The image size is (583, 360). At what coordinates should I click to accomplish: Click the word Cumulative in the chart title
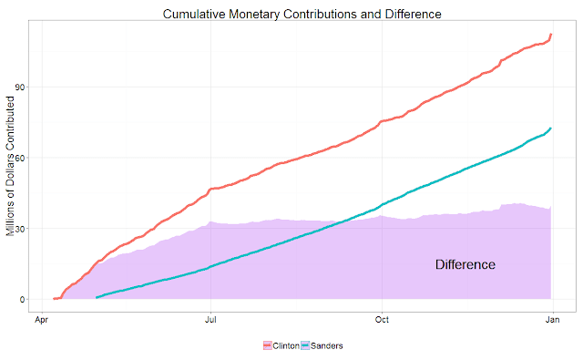coord(194,15)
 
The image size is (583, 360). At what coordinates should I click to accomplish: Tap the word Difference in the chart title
coord(413,15)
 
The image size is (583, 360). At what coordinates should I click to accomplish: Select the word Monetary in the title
coord(254,15)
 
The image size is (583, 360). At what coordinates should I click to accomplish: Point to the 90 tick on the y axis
coord(20,87)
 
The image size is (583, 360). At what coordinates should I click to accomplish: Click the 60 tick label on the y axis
coord(20,158)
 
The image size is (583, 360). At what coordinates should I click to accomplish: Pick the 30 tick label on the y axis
coord(20,229)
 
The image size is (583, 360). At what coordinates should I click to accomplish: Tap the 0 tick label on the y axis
coord(22,299)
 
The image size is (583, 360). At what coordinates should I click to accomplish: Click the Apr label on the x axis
coord(42,320)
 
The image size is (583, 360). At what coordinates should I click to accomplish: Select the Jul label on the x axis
coord(210,320)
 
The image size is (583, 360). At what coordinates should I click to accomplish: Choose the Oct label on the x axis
coord(382,320)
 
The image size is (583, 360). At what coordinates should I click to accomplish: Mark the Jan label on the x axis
coord(553,320)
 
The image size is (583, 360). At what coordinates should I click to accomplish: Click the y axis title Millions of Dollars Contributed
coord(10,166)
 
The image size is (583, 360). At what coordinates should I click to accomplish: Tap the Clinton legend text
coord(286,345)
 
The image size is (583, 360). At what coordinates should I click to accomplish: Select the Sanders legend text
coord(327,345)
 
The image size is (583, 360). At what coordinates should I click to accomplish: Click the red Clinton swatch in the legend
coord(268,345)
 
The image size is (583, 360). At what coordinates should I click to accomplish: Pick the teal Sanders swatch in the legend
coord(305,345)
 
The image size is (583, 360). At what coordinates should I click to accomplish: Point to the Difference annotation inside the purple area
coord(465,264)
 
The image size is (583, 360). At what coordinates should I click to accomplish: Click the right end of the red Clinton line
coord(551,35)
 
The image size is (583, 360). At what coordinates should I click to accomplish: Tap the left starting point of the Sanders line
coord(97,297)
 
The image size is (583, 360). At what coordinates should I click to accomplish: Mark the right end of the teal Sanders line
coord(550,129)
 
